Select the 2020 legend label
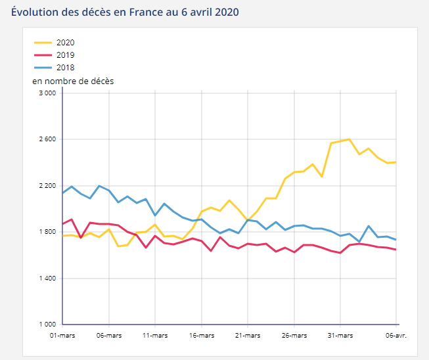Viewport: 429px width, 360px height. [x=66, y=43]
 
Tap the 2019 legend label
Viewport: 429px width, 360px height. [x=66, y=55]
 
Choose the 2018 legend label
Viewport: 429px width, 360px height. [x=66, y=67]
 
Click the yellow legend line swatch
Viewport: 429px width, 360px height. [x=43, y=43]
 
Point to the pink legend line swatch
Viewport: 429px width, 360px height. [x=43, y=55]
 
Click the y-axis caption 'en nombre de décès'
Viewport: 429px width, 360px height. [x=73, y=81]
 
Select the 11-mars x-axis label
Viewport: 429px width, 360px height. [x=154, y=336]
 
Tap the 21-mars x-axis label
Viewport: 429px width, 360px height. [x=247, y=336]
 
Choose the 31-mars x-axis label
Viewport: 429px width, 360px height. [x=340, y=336]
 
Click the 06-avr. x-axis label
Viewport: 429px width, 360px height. [x=396, y=336]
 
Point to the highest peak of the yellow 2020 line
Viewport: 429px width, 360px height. [x=350, y=139]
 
